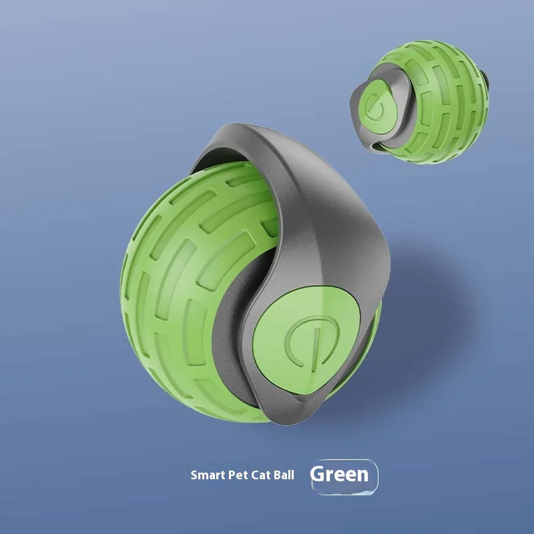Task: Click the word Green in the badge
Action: point(340,475)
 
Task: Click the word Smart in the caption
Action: point(206,476)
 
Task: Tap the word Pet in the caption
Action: point(234,476)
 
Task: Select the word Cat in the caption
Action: point(258,476)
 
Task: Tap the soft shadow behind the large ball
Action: point(427,320)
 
